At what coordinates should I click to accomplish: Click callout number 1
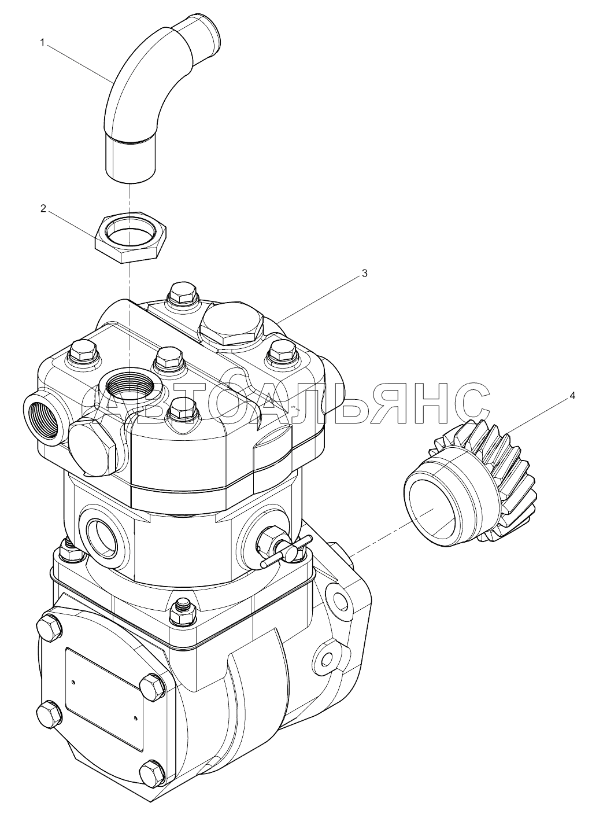click(x=42, y=43)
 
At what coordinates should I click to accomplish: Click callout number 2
click(x=43, y=209)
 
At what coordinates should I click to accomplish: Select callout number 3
click(x=364, y=273)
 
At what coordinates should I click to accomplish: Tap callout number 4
click(x=572, y=395)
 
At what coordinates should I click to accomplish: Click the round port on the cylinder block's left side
click(x=103, y=540)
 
